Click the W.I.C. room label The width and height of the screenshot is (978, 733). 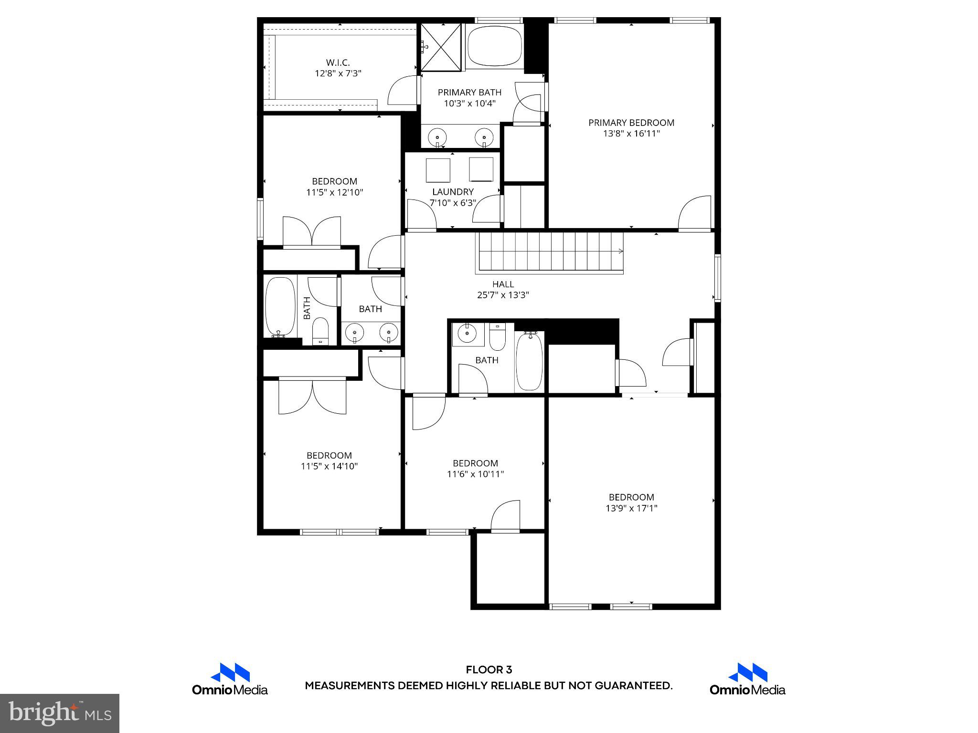(338, 63)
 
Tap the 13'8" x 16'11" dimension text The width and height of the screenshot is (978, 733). (631, 134)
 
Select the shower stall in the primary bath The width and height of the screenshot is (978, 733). (441, 47)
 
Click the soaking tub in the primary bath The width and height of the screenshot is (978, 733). (495, 46)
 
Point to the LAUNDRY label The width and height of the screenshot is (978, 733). (453, 192)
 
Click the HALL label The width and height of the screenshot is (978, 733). (503, 284)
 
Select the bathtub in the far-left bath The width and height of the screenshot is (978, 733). (280, 307)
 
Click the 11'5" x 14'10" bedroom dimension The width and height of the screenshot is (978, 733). (329, 466)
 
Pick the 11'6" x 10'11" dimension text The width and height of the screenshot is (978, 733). (475, 474)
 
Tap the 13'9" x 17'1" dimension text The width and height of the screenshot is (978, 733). (631, 508)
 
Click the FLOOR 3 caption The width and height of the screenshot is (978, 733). (489, 670)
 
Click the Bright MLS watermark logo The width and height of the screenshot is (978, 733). (60, 713)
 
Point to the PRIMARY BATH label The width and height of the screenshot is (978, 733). (469, 93)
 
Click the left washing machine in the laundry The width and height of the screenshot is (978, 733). (438, 170)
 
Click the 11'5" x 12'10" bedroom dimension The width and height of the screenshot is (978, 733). (334, 192)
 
